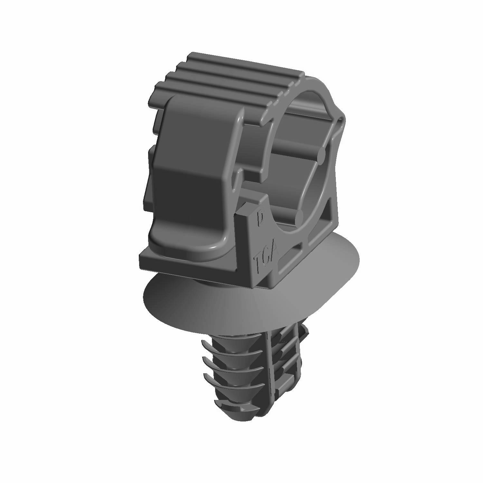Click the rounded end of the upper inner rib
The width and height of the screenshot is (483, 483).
pos(322,155)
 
